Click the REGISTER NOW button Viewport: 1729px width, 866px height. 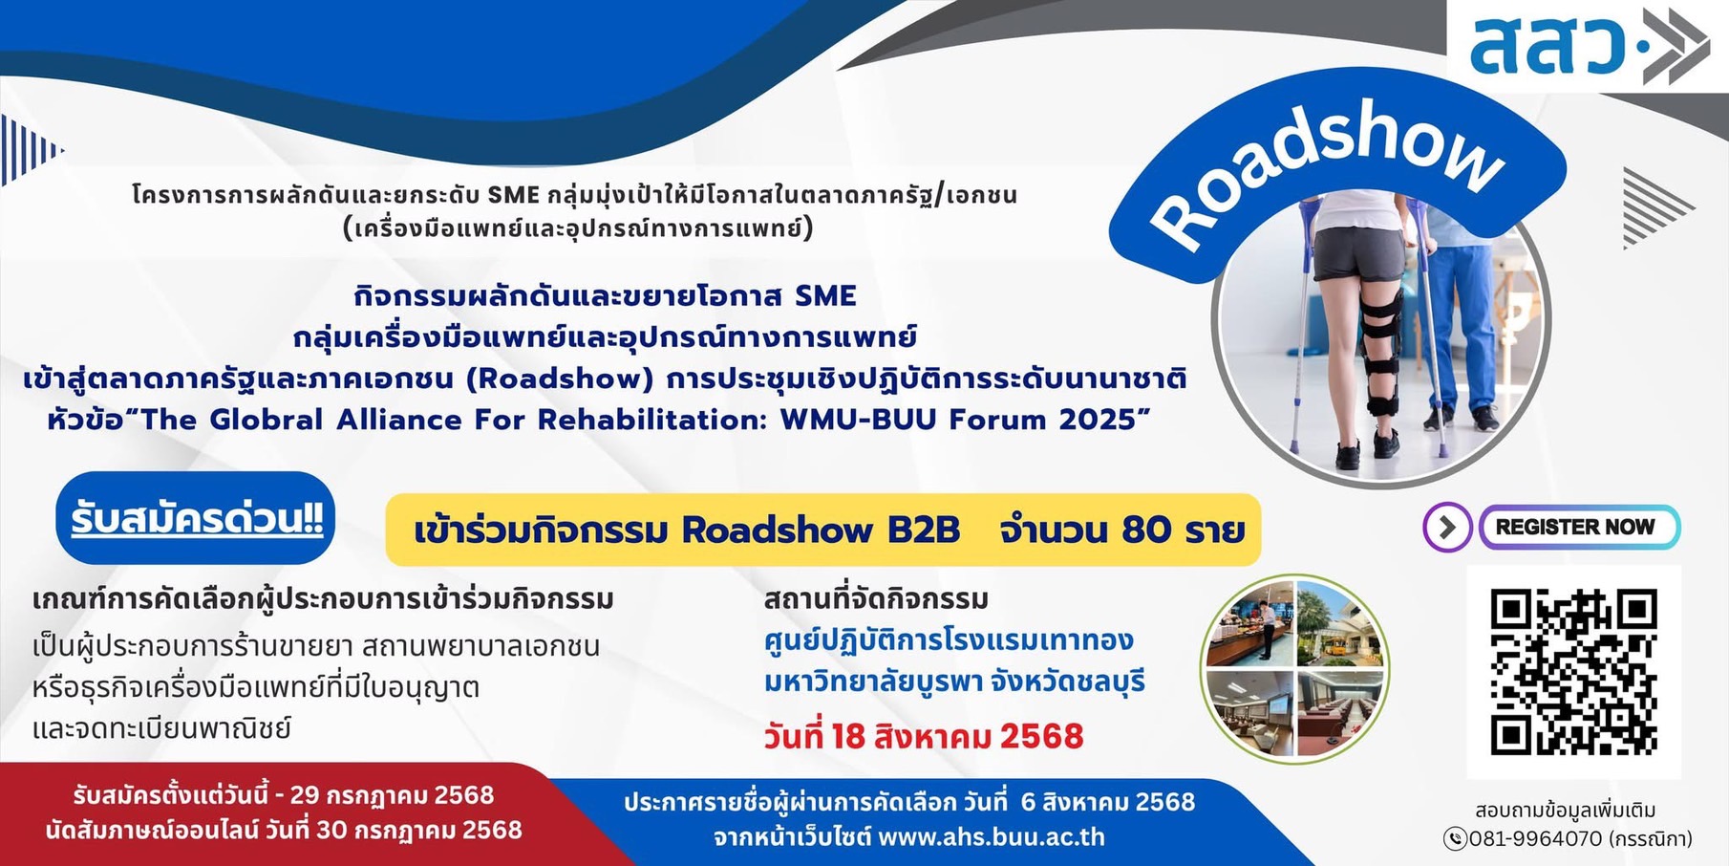click(x=1579, y=527)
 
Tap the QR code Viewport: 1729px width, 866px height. click(x=1573, y=671)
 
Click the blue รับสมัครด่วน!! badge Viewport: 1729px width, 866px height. click(x=196, y=518)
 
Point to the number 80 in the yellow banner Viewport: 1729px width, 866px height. click(x=1146, y=530)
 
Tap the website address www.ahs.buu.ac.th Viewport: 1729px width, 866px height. click(x=992, y=837)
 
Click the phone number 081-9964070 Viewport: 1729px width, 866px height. click(x=1535, y=839)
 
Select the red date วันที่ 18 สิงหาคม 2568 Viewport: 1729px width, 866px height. click(x=924, y=736)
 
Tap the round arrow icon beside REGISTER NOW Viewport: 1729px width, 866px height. click(x=1447, y=527)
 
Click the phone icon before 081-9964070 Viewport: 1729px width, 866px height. click(x=1455, y=839)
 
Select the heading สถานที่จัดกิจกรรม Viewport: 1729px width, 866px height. click(x=876, y=599)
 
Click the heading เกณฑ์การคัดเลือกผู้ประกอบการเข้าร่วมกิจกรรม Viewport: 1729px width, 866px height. click(x=323, y=599)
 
